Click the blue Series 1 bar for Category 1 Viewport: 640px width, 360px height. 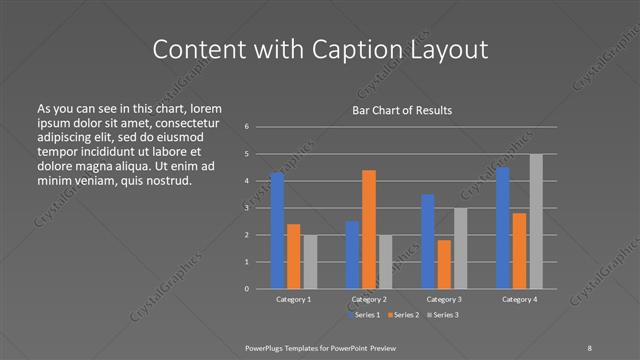(277, 230)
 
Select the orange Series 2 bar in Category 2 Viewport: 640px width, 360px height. (369, 229)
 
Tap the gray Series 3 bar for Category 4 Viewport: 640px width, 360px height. (536, 221)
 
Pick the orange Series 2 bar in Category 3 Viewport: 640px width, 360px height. (444, 264)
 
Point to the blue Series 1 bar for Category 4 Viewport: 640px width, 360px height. (503, 228)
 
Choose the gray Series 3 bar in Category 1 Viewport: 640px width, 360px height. (310, 261)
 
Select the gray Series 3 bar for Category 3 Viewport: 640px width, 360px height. (460, 248)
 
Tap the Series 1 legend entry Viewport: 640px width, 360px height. (363, 315)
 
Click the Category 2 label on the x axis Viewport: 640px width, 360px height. (369, 299)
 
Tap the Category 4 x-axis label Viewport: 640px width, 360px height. (519, 299)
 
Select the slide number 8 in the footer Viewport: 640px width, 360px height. (589, 348)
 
